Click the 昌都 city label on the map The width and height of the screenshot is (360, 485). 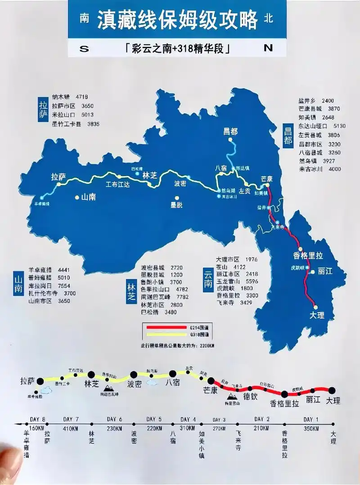coord(230,131)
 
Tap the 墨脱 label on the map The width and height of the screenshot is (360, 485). coord(176,205)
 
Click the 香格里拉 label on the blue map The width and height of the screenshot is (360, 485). coord(308,255)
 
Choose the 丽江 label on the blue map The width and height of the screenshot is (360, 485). coord(324,271)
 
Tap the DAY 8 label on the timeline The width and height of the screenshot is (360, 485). coord(38,419)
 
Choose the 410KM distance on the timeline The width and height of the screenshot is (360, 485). coord(71,428)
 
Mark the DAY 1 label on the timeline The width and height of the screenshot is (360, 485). coord(311,419)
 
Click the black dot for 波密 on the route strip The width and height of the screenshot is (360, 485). coord(133,374)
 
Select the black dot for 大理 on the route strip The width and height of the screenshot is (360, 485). coord(332,390)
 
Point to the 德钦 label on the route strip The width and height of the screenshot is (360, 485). coord(250,397)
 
